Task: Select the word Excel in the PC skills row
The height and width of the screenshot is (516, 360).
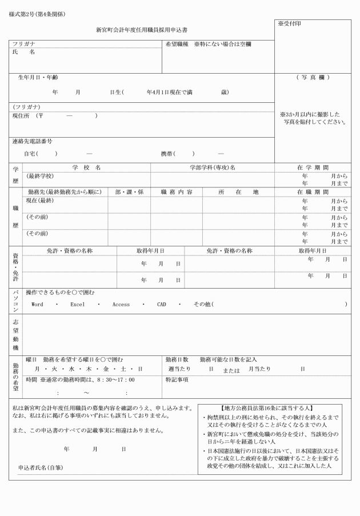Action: (77, 305)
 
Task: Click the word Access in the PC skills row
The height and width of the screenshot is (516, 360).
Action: (121, 305)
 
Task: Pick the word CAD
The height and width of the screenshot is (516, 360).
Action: (161, 305)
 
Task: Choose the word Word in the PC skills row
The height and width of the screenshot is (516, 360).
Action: (37, 305)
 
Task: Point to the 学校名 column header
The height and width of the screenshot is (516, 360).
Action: (87, 167)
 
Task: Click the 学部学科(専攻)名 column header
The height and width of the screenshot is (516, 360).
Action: (212, 167)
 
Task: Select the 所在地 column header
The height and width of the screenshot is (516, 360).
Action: (238, 192)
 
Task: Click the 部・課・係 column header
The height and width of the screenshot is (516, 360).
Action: (129, 192)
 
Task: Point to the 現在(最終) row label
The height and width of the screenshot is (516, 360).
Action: (40, 201)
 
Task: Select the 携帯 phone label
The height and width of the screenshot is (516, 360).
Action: (167, 154)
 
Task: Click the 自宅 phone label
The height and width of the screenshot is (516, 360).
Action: (30, 154)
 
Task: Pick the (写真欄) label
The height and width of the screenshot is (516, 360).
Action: (313, 77)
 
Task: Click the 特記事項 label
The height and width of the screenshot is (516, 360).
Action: (177, 379)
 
